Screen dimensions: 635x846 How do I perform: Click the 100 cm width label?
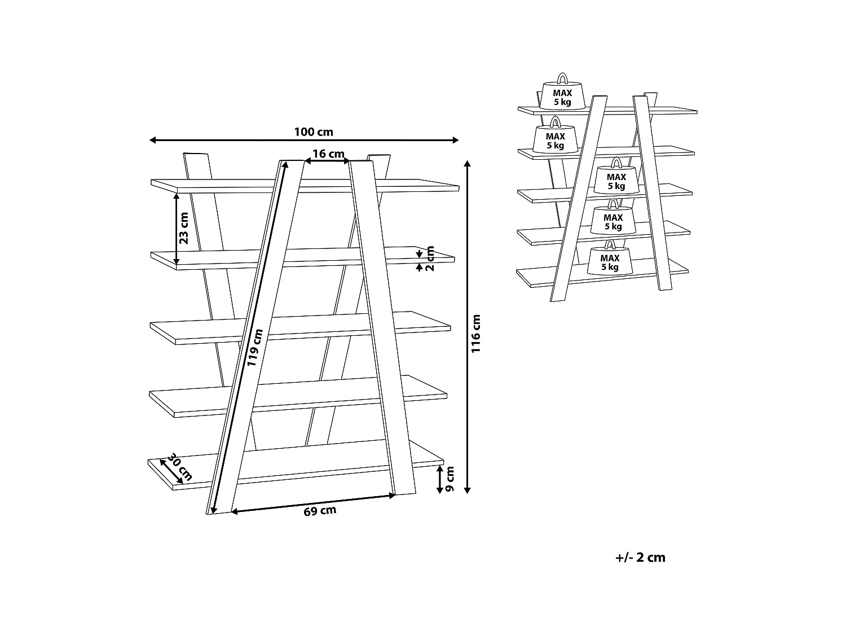(314, 132)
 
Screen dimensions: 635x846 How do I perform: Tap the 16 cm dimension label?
(328, 154)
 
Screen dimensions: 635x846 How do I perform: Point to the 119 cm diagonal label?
(255, 348)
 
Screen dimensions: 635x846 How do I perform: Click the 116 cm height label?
(477, 334)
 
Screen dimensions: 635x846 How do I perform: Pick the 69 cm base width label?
(320, 511)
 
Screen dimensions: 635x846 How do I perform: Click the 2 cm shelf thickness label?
(430, 258)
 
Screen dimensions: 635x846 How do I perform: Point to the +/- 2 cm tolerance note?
(640, 558)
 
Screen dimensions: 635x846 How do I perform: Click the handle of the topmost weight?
(562, 78)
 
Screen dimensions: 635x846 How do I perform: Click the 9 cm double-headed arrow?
(440, 480)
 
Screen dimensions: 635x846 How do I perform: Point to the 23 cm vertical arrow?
(177, 229)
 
